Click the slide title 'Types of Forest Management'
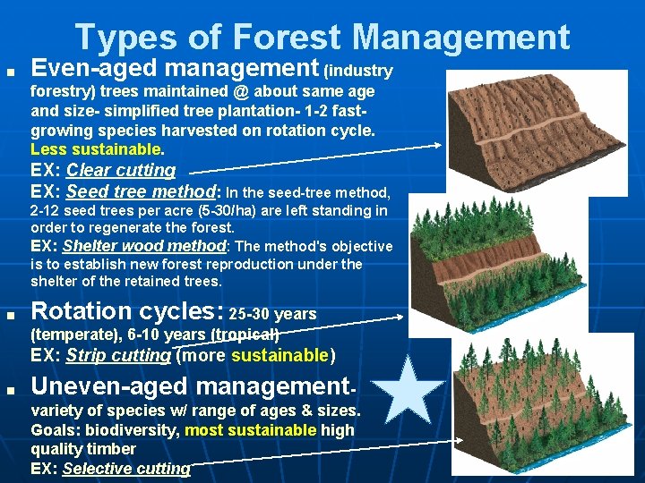pyautogui.click(x=322, y=37)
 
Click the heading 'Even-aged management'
pyautogui.click(x=176, y=68)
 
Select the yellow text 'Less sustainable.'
pyautogui.click(x=98, y=148)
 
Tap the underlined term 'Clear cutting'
pyautogui.click(x=121, y=170)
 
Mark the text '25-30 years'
pyautogui.click(x=273, y=314)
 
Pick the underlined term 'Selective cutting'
pyautogui.click(x=126, y=468)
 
